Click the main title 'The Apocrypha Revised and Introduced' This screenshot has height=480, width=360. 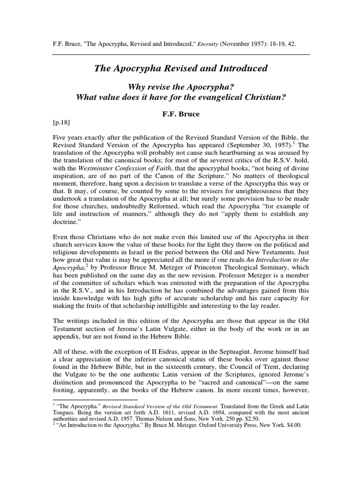(180, 68)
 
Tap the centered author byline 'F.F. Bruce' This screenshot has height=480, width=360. (180, 114)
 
